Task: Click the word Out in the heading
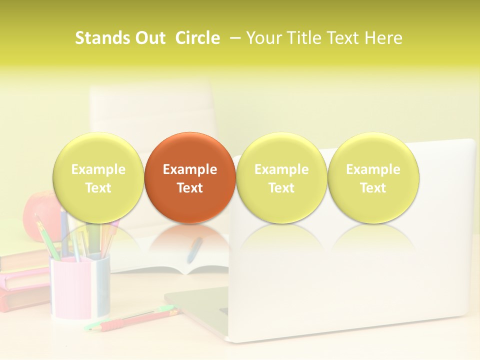click(x=148, y=38)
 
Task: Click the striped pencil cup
click(x=80, y=287)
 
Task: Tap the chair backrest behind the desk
click(x=150, y=110)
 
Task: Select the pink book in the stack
click(x=25, y=280)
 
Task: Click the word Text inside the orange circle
click(x=190, y=188)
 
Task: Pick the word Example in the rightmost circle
click(x=373, y=169)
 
